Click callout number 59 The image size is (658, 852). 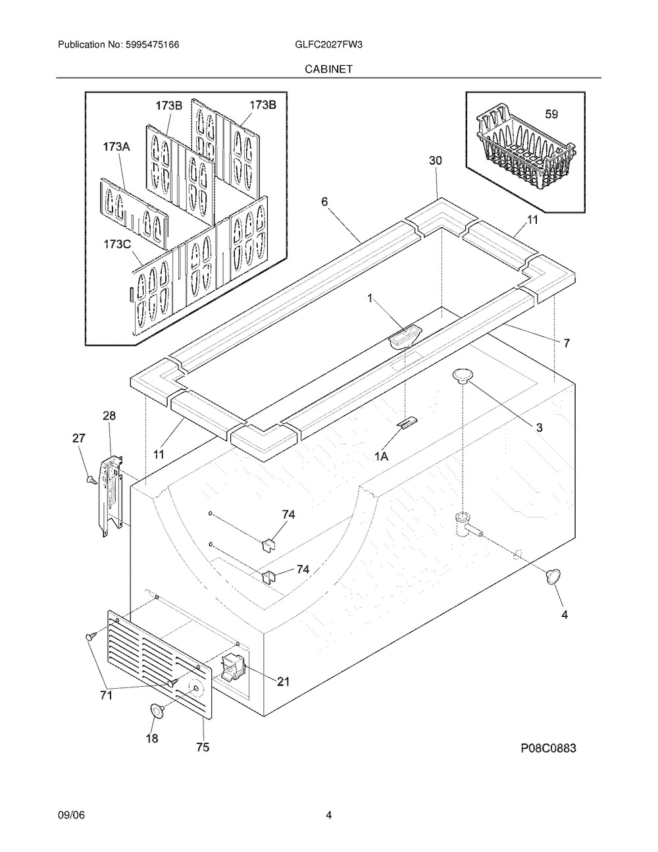pos(551,115)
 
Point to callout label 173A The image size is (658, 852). pos(116,147)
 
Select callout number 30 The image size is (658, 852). pos(436,161)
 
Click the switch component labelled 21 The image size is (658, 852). pos(232,668)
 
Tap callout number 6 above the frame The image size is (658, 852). pos(325,202)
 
